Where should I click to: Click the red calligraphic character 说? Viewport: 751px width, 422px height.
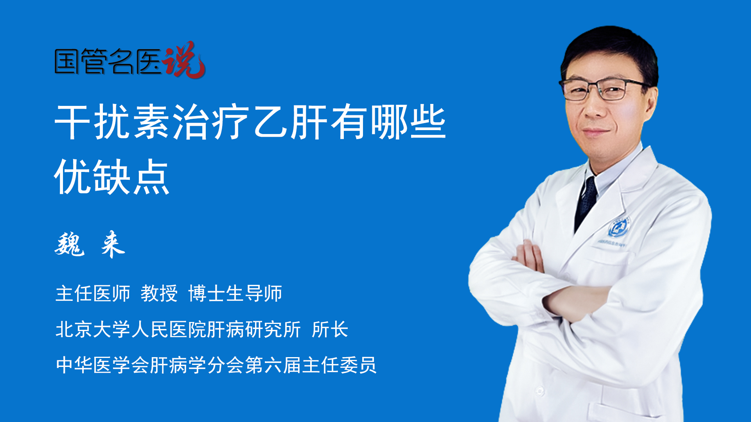click(184, 60)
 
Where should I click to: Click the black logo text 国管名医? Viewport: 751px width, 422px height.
click(108, 61)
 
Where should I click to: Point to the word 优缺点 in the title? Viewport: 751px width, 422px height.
click(112, 177)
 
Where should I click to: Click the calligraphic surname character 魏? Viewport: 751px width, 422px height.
click(70, 244)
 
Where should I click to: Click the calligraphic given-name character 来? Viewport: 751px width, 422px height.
click(113, 244)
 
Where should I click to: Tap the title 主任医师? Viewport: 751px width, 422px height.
click(93, 293)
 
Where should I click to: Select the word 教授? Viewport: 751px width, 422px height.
click(159, 293)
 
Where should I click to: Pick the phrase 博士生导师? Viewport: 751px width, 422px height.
click(235, 293)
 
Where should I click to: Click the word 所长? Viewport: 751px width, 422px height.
click(330, 329)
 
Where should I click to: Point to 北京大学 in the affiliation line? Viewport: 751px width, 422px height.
click(93, 329)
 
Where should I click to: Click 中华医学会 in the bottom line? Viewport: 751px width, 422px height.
click(102, 365)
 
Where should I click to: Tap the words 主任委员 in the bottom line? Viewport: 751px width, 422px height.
click(339, 365)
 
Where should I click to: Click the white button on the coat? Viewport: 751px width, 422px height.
click(540, 391)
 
